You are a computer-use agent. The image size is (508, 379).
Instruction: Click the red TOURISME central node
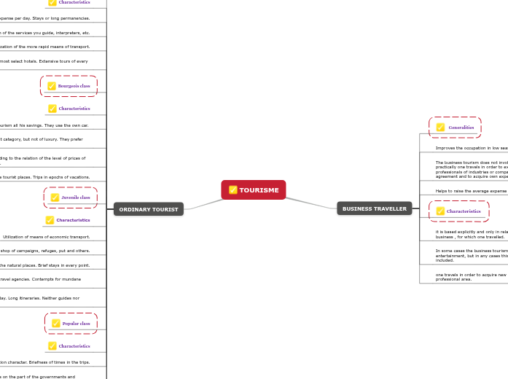click(254, 189)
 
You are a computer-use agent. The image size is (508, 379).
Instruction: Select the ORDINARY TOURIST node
click(149, 209)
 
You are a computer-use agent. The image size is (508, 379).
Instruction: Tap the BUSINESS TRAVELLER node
click(375, 208)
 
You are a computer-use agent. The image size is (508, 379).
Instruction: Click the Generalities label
click(461, 128)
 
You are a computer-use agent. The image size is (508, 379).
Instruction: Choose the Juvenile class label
click(76, 198)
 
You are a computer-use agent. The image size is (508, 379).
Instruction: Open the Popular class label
click(76, 324)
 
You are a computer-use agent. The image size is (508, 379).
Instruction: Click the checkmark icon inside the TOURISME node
click(233, 190)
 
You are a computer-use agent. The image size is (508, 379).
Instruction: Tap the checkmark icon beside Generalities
click(440, 128)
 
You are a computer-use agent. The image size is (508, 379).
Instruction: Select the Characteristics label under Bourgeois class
click(74, 109)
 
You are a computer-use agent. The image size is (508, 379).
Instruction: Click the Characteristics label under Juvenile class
click(73, 220)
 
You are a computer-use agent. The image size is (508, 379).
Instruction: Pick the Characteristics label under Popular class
click(74, 346)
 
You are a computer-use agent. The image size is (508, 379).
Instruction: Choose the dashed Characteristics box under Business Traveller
click(459, 211)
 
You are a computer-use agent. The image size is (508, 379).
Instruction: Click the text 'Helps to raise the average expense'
click(471, 191)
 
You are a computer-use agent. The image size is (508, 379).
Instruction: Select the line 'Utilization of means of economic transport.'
click(47, 237)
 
